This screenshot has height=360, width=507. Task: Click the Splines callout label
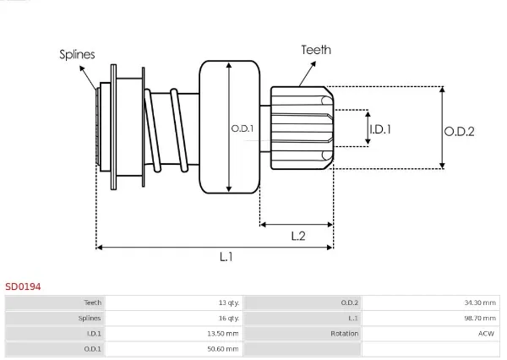pyautogui.click(x=77, y=54)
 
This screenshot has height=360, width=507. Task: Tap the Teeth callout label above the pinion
pyautogui.click(x=316, y=50)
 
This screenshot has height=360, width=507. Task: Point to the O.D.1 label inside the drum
pyautogui.click(x=243, y=128)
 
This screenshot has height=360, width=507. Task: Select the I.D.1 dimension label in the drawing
pyautogui.click(x=380, y=129)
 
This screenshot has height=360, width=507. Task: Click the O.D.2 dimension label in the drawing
pyautogui.click(x=459, y=132)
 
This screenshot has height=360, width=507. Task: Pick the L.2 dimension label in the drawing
pyautogui.click(x=298, y=236)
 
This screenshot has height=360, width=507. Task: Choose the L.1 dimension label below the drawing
pyautogui.click(x=226, y=257)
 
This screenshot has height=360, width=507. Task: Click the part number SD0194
pyautogui.click(x=23, y=286)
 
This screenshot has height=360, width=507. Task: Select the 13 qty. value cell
pyautogui.click(x=229, y=303)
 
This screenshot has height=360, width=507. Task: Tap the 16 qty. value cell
pyautogui.click(x=229, y=319)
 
